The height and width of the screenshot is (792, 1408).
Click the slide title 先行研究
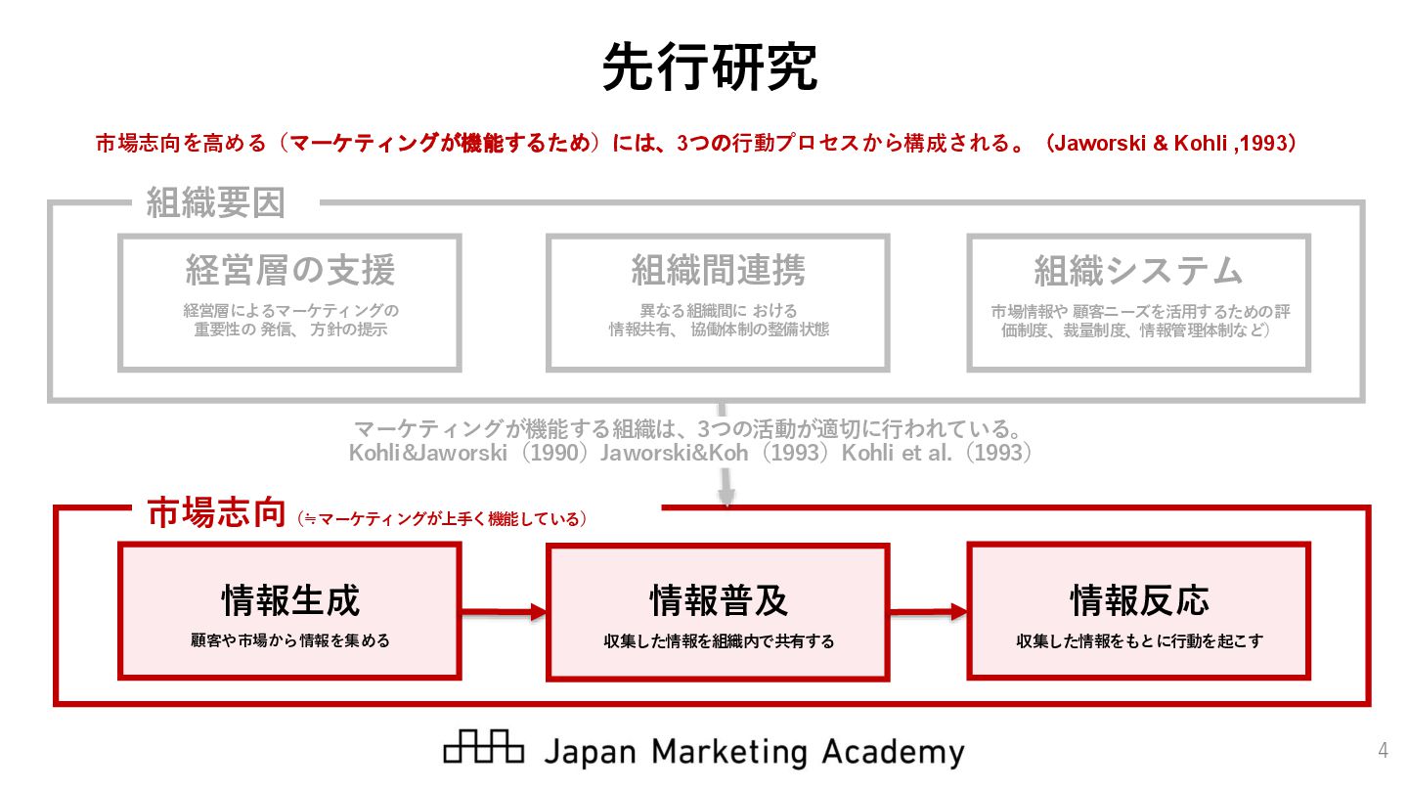[709, 66]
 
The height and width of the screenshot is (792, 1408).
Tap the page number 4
[1383, 751]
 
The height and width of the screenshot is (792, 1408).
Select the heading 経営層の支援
[289, 271]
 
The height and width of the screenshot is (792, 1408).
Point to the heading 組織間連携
[718, 271]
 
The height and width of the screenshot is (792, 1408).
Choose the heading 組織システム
[1138, 271]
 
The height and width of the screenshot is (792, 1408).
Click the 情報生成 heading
[289, 599]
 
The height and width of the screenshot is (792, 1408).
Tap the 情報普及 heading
[718, 599]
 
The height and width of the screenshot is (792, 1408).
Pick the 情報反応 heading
[1138, 599]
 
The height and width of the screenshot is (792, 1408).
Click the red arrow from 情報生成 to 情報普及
[503, 612]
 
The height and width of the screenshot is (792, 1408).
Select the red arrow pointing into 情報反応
[929, 612]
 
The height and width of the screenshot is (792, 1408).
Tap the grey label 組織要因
[215, 203]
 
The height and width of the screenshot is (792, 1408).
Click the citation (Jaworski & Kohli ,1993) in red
[1169, 143]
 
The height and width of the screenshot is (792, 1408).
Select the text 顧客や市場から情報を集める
[289, 641]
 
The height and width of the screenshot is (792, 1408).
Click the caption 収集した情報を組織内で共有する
[718, 641]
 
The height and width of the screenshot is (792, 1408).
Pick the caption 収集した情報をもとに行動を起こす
[1138, 641]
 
